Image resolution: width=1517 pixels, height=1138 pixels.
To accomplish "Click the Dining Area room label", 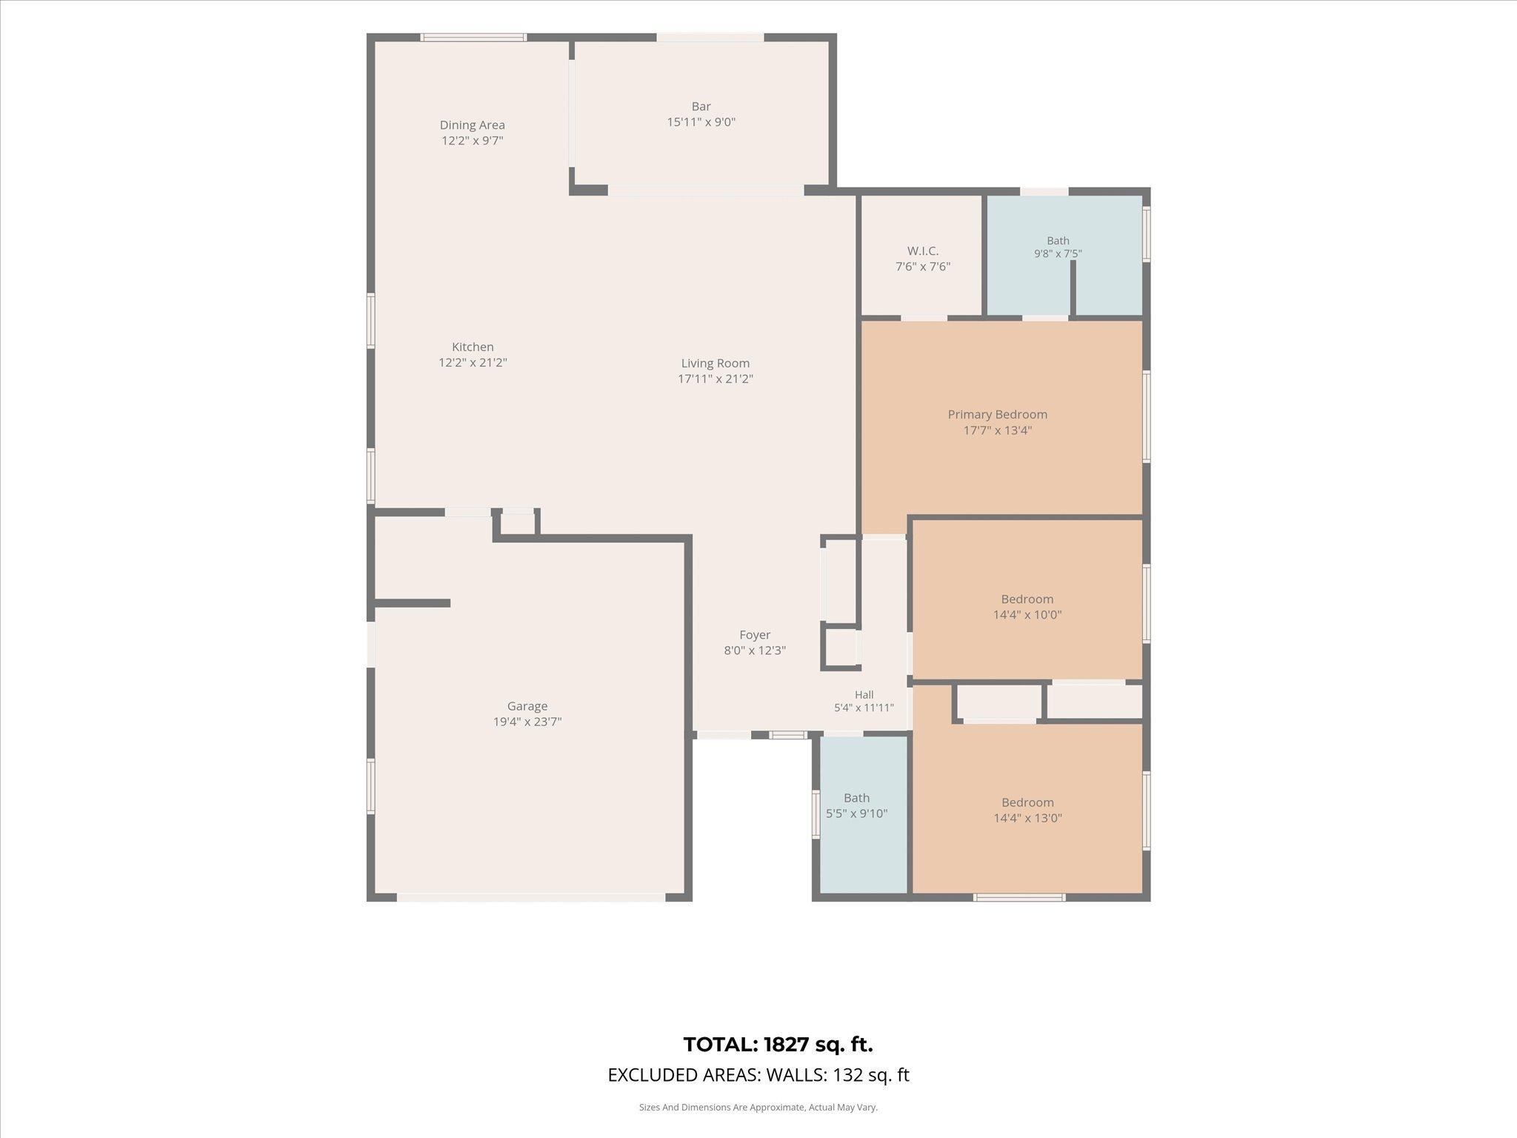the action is (473, 125).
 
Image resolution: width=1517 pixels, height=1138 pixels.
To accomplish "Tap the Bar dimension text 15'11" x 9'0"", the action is (701, 122).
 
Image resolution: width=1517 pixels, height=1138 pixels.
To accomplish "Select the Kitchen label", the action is (473, 347).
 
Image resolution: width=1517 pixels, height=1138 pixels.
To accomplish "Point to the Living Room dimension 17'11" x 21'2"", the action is (716, 379).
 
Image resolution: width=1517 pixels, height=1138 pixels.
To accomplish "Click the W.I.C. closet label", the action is (923, 251).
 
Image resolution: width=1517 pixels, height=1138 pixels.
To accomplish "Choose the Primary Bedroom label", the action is (998, 414).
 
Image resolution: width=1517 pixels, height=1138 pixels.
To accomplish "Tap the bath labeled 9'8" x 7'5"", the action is (1058, 247).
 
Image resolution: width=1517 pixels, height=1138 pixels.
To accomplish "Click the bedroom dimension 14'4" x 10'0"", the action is (1027, 615).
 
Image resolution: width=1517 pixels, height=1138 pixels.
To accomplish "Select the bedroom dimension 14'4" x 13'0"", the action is (1027, 819).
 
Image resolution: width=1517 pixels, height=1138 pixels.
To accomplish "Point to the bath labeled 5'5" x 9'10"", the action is (857, 805).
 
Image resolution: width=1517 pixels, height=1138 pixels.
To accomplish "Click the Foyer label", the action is (755, 635).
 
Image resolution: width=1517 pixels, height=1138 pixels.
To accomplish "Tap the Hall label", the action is (864, 695).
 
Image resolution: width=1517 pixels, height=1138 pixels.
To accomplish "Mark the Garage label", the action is (527, 706).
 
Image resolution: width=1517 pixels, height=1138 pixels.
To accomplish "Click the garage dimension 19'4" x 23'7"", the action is (527, 722).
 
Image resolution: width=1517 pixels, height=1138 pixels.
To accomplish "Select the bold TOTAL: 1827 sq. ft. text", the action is (778, 1045).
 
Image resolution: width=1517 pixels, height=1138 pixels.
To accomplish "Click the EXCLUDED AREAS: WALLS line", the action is (758, 1075).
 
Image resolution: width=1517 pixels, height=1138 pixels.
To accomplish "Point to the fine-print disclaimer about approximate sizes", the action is (758, 1108).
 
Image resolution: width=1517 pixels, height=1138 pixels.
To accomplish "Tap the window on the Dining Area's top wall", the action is (474, 37).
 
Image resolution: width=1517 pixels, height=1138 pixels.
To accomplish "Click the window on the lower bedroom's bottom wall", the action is (1019, 898).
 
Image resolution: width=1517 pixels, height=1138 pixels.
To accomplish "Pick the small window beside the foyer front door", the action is (787, 736).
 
